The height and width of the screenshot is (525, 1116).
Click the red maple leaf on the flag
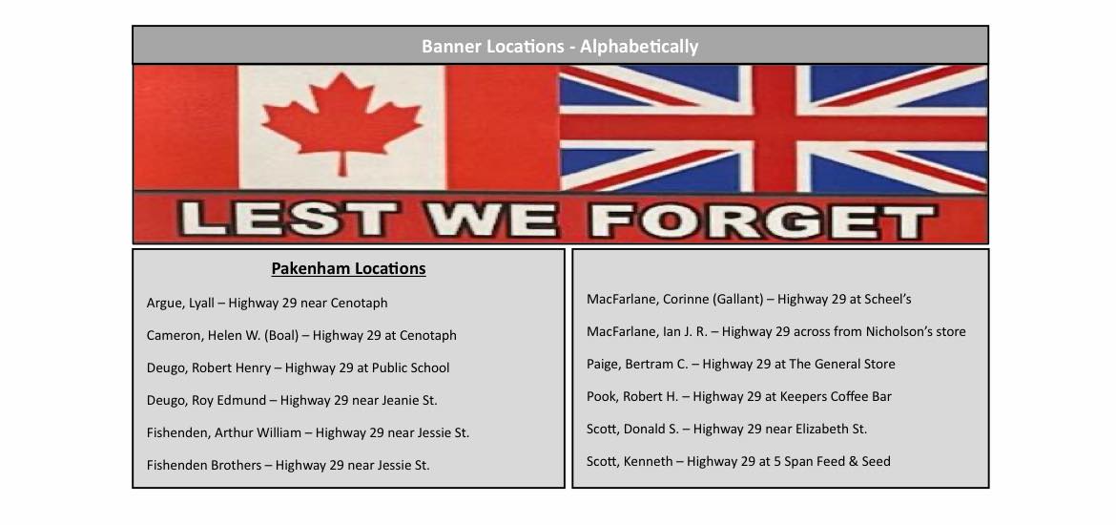pos(341,121)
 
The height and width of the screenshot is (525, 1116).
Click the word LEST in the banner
pos(288,220)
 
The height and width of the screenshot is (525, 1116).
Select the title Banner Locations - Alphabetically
pos(559,47)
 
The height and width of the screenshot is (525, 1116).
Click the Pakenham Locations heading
pos(349,268)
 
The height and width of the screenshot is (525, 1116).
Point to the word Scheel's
pos(887,299)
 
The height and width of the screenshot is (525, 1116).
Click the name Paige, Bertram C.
pos(638,364)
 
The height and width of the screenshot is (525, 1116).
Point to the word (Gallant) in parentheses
pos(738,299)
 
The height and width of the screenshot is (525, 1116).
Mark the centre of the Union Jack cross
pos(774,128)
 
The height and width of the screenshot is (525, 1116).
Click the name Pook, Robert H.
pos(632,396)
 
